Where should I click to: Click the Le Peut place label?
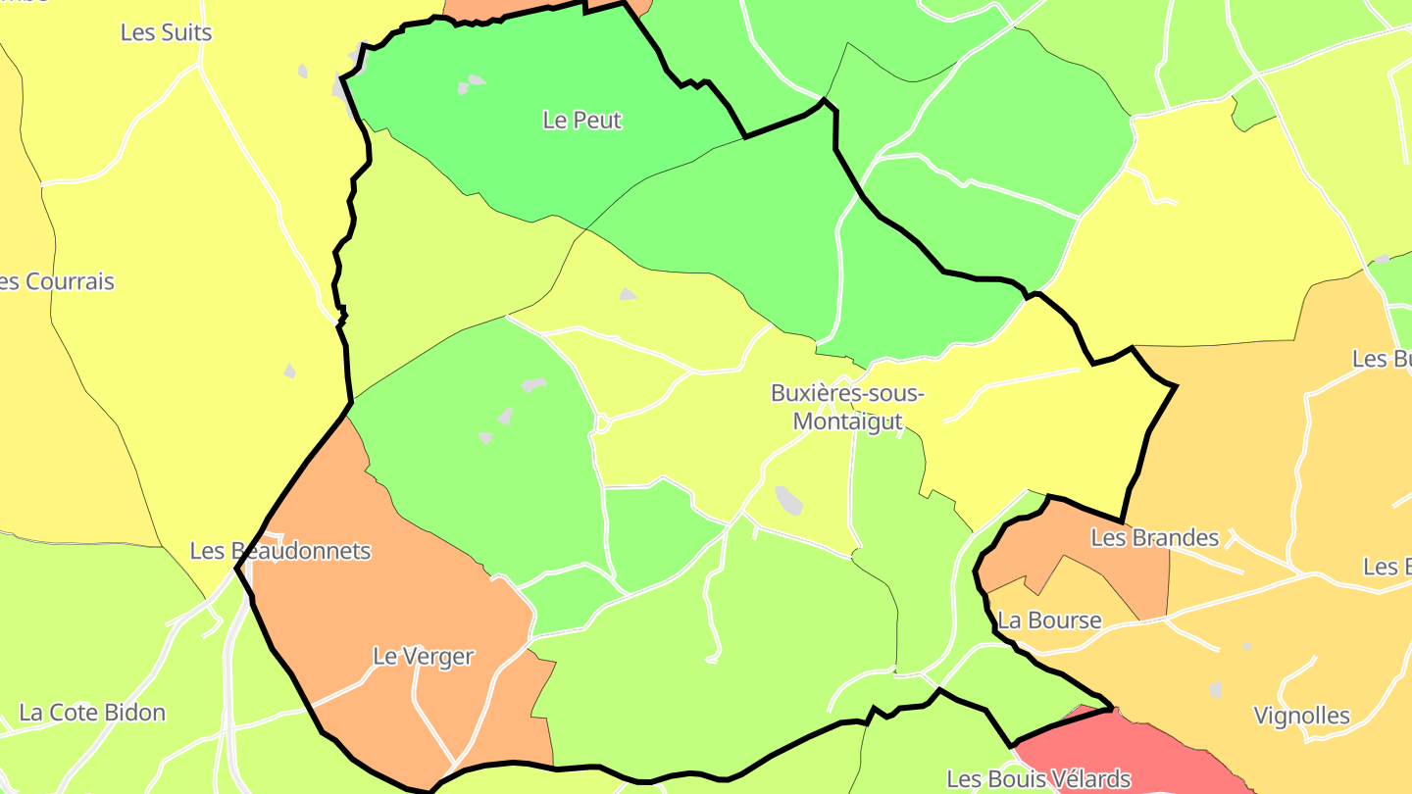coord(582,121)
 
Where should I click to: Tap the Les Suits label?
coord(166,32)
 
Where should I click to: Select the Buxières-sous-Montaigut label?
coord(847,407)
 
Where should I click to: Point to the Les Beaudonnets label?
coord(280,551)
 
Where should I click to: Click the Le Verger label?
coord(423,657)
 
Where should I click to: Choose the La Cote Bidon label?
coord(92,713)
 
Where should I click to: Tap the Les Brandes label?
coord(1154,538)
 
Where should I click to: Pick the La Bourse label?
coord(1049,620)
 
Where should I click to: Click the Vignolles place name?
coord(1302,717)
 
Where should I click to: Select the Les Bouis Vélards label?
coord(1038,780)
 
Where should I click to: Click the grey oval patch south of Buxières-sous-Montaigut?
coord(788,500)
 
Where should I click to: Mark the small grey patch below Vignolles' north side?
coord(1216,689)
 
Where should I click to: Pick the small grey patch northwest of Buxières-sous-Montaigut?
coord(628,294)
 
